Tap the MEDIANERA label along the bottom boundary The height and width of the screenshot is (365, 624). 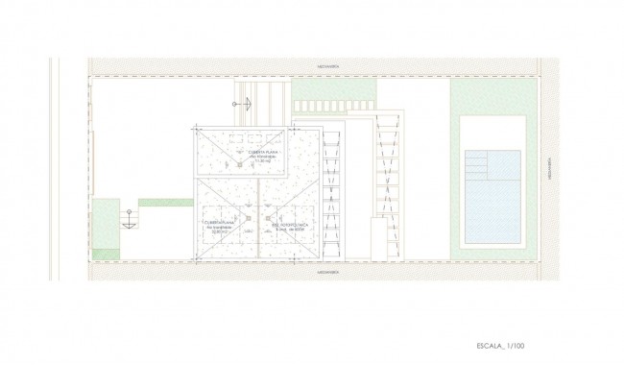click(316, 271)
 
